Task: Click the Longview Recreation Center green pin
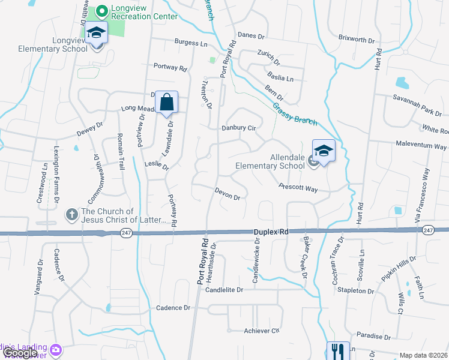click(x=101, y=11)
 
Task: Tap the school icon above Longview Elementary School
click(x=95, y=33)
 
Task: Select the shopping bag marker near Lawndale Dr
click(x=167, y=103)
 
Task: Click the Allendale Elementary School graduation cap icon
click(x=324, y=151)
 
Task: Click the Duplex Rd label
click(x=270, y=230)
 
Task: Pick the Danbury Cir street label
click(x=239, y=128)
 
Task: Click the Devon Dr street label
click(x=228, y=193)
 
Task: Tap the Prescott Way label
click(x=298, y=188)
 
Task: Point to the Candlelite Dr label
click(x=224, y=290)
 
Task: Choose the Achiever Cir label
click(x=262, y=331)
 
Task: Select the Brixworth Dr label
click(x=356, y=40)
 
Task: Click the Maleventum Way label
click(x=420, y=146)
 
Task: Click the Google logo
click(x=20, y=353)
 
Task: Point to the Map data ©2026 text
click(x=423, y=355)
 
